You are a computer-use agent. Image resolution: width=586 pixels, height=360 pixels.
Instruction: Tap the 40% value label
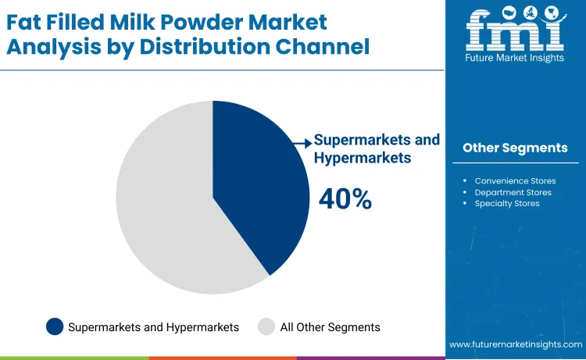pos(345,199)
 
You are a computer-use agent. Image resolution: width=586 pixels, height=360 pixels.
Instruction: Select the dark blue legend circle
pos(55,327)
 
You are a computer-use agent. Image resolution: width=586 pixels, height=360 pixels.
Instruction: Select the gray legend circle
pos(266,327)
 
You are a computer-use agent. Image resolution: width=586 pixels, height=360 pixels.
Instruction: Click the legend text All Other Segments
pos(330,327)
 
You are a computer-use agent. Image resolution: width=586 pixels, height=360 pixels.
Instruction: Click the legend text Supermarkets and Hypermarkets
pos(153,327)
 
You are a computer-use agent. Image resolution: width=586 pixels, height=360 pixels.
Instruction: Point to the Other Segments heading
pos(515,148)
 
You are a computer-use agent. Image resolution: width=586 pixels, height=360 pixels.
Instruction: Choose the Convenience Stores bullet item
pos(515,181)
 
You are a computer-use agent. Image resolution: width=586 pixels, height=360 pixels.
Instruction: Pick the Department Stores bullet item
pos(513,192)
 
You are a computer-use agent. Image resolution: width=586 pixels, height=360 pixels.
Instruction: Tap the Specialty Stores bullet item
pos(507,203)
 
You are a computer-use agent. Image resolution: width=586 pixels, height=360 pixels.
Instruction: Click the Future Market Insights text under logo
pos(515,58)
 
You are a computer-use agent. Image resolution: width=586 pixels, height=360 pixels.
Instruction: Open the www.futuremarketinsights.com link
pos(516,344)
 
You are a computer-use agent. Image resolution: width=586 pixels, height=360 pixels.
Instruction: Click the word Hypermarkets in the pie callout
pos(362,157)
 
